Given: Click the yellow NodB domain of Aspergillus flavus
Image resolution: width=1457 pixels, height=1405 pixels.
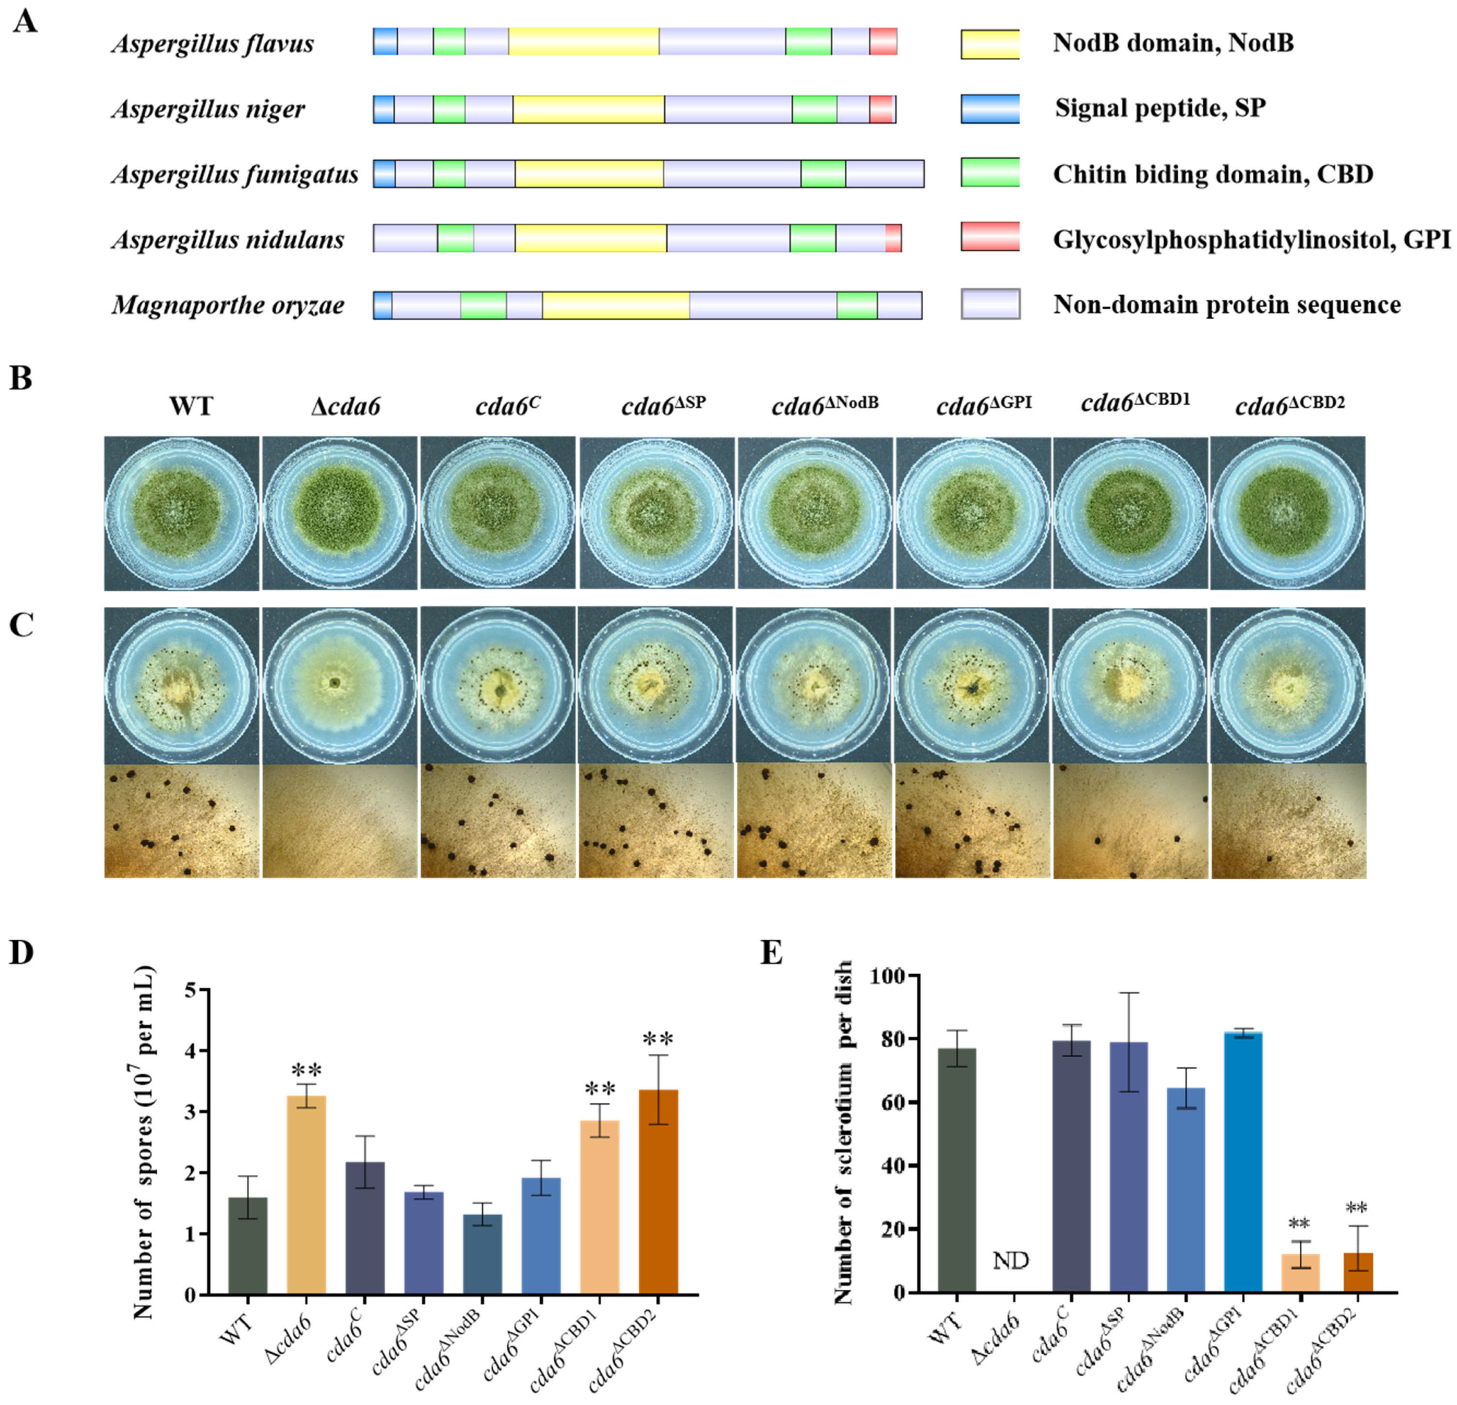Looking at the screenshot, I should tap(584, 42).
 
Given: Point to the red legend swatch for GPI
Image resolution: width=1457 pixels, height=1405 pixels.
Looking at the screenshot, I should tap(990, 237).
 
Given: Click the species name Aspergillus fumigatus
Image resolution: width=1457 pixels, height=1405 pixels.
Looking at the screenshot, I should tap(235, 174).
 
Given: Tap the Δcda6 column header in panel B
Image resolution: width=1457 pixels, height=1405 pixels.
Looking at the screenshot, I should tap(345, 407).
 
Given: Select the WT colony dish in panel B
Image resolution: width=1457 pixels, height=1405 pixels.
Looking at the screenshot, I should tap(181, 513).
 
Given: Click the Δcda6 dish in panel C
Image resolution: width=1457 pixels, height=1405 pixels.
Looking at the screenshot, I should tap(339, 684).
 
